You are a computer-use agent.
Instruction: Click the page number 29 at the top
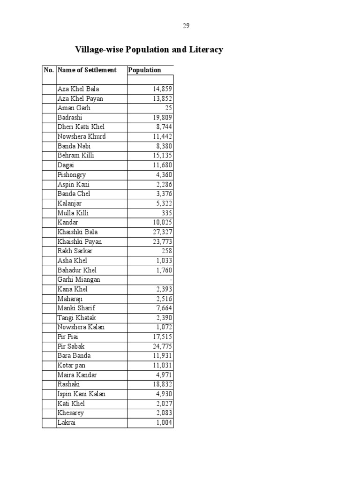186,26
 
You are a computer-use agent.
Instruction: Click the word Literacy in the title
205,50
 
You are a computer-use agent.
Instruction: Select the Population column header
144,70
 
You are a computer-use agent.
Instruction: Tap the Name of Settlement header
87,70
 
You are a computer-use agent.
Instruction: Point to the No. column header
49,70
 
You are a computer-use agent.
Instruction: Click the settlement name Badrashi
70,118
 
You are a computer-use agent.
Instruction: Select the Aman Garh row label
74,108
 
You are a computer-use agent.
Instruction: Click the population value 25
168,108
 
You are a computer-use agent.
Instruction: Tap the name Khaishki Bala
77,232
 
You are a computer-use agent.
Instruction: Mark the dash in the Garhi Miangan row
171,280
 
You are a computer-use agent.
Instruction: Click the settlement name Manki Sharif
76,308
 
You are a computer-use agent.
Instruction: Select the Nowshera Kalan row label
81,327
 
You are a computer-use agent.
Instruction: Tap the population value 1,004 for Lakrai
164,423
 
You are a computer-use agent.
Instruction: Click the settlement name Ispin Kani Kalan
81,394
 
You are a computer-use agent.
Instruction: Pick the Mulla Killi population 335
166,213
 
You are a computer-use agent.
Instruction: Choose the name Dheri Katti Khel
81,127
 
